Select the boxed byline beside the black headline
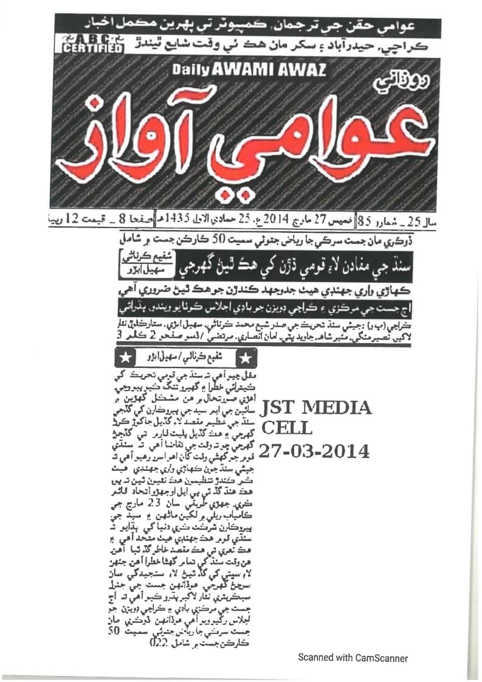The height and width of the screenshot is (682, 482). pos(139,265)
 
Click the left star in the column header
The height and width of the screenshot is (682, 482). pos(123,355)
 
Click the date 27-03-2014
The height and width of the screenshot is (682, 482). pos(314,451)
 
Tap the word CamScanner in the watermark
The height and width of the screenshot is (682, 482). pos(380,658)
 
